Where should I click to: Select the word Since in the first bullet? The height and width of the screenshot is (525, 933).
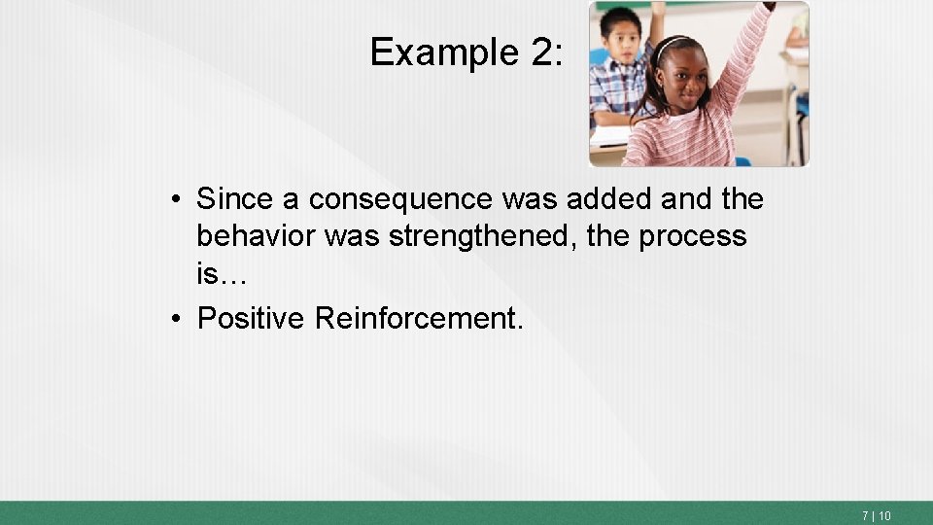coord(235,199)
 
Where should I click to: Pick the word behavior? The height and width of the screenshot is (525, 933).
coord(256,236)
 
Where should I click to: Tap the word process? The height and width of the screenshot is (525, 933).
coord(694,236)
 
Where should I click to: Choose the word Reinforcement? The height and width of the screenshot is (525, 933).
coord(419,318)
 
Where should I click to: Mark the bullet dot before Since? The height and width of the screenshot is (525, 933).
coord(171,200)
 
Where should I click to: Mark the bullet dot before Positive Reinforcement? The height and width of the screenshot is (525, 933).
coord(171,319)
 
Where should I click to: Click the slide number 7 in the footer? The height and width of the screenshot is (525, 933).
coord(865,516)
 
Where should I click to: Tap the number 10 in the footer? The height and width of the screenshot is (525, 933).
coord(884,516)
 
